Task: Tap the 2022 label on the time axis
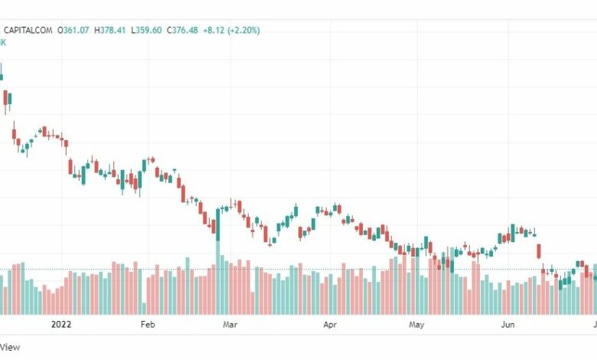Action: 62,325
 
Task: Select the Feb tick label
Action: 148,325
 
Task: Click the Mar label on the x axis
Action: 230,325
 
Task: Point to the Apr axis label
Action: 330,325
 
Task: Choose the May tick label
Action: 416,325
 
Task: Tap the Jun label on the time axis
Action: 507,325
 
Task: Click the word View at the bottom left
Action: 10,347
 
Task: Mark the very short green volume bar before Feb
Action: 144,309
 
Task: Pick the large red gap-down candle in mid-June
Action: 539,251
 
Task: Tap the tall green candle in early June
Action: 513,233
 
